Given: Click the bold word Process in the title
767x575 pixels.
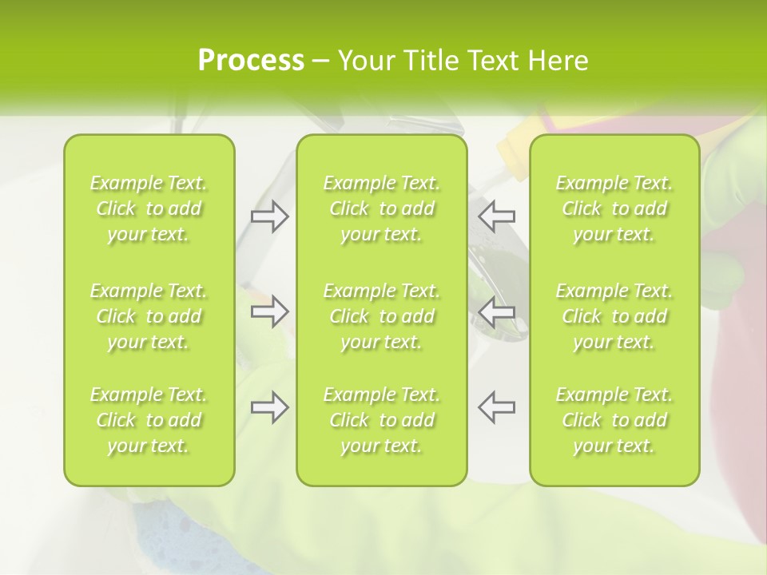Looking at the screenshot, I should (251, 61).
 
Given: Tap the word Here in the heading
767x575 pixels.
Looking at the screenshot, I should (558, 61).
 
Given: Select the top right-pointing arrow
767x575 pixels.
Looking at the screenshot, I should (269, 216).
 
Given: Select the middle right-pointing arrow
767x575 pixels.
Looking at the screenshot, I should (269, 311).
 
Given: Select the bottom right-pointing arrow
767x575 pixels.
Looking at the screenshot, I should (269, 407).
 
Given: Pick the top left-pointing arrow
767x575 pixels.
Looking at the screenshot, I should (496, 216).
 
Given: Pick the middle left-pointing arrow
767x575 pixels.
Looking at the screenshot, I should (496, 311).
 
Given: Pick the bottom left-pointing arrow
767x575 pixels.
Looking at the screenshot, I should (496, 407).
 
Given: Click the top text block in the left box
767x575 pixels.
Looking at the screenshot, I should (149, 208).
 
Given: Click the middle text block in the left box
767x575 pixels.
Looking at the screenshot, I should (149, 316).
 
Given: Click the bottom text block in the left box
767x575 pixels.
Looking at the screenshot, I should (149, 420).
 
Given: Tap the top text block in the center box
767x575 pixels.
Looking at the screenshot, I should (382, 208).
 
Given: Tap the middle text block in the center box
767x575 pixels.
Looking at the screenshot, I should (382, 316).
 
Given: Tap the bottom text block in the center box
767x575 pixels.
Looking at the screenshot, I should (382, 420).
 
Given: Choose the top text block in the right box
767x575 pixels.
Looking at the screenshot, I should (614, 208).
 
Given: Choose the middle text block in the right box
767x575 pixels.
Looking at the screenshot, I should (614, 316).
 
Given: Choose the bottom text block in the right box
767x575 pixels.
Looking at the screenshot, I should (614, 420).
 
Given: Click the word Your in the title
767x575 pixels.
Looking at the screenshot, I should (366, 61).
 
